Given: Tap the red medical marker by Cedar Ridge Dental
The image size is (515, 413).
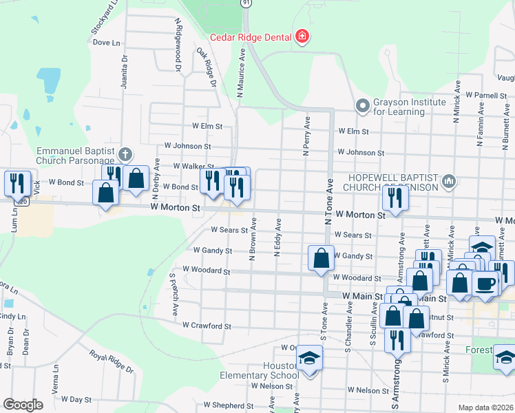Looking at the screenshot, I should (302, 36).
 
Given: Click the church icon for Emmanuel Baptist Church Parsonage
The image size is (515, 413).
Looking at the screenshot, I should (125, 153).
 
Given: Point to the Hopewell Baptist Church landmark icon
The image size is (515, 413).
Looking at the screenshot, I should (450, 181).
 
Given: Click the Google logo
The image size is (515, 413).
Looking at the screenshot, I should (23, 405).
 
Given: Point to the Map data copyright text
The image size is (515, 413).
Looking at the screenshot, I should (485, 407).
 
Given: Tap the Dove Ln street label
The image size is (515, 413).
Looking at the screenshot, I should (106, 43).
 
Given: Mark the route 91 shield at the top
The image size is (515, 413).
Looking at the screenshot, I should (246, 3).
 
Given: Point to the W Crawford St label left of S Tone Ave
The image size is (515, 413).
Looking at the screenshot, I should (207, 326).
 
